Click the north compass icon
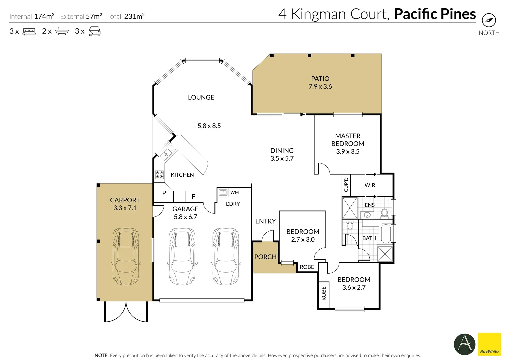[x=489, y=20]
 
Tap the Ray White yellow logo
[x=489, y=344]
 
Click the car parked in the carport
[x=126, y=256]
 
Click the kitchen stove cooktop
[x=159, y=174]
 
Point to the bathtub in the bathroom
[x=386, y=234]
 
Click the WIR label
[x=370, y=185]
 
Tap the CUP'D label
[x=346, y=185]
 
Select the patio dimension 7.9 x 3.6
[x=320, y=87]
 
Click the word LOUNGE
[x=201, y=97]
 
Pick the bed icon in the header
[x=29, y=32]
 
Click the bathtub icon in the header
[x=62, y=31]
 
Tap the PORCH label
[x=265, y=257]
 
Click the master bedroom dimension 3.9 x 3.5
[x=348, y=152]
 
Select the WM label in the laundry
[x=234, y=192]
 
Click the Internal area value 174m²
[x=44, y=16]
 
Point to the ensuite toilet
[x=384, y=212]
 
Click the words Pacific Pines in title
[x=435, y=14]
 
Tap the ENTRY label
[x=265, y=221]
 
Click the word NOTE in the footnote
[x=101, y=355]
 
